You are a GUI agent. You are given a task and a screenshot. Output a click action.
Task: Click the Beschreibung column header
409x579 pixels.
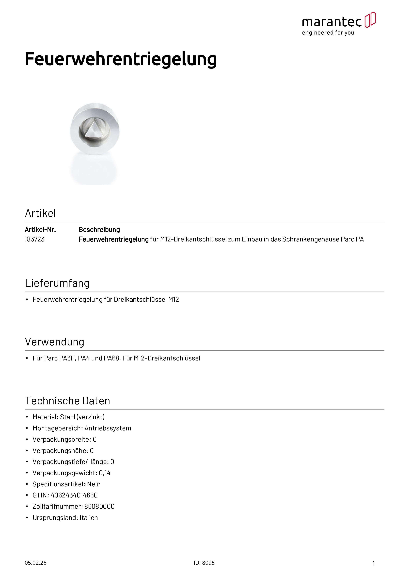(x=99, y=230)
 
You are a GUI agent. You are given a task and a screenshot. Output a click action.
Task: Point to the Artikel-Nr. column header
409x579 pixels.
(x=40, y=230)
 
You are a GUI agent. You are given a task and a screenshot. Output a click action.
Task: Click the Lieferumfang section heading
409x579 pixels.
(x=57, y=283)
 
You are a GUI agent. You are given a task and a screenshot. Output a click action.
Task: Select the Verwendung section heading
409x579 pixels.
(x=54, y=342)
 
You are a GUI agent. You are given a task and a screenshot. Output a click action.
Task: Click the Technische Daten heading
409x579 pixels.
(x=68, y=401)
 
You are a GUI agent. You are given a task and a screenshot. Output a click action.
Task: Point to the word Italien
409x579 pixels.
(x=89, y=518)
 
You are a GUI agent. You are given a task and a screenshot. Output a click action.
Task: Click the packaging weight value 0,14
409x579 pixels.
(x=105, y=473)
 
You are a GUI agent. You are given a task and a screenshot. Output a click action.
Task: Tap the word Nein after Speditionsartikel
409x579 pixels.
(x=94, y=484)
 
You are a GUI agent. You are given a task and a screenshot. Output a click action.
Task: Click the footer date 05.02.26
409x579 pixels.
(x=35, y=563)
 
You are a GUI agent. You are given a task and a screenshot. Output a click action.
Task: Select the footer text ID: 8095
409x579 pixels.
(x=204, y=563)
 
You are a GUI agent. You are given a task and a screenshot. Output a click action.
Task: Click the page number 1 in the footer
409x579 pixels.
(x=374, y=563)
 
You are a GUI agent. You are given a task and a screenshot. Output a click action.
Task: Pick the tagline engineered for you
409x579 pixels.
(x=328, y=33)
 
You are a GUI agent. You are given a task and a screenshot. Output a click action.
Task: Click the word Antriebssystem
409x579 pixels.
(x=108, y=428)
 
